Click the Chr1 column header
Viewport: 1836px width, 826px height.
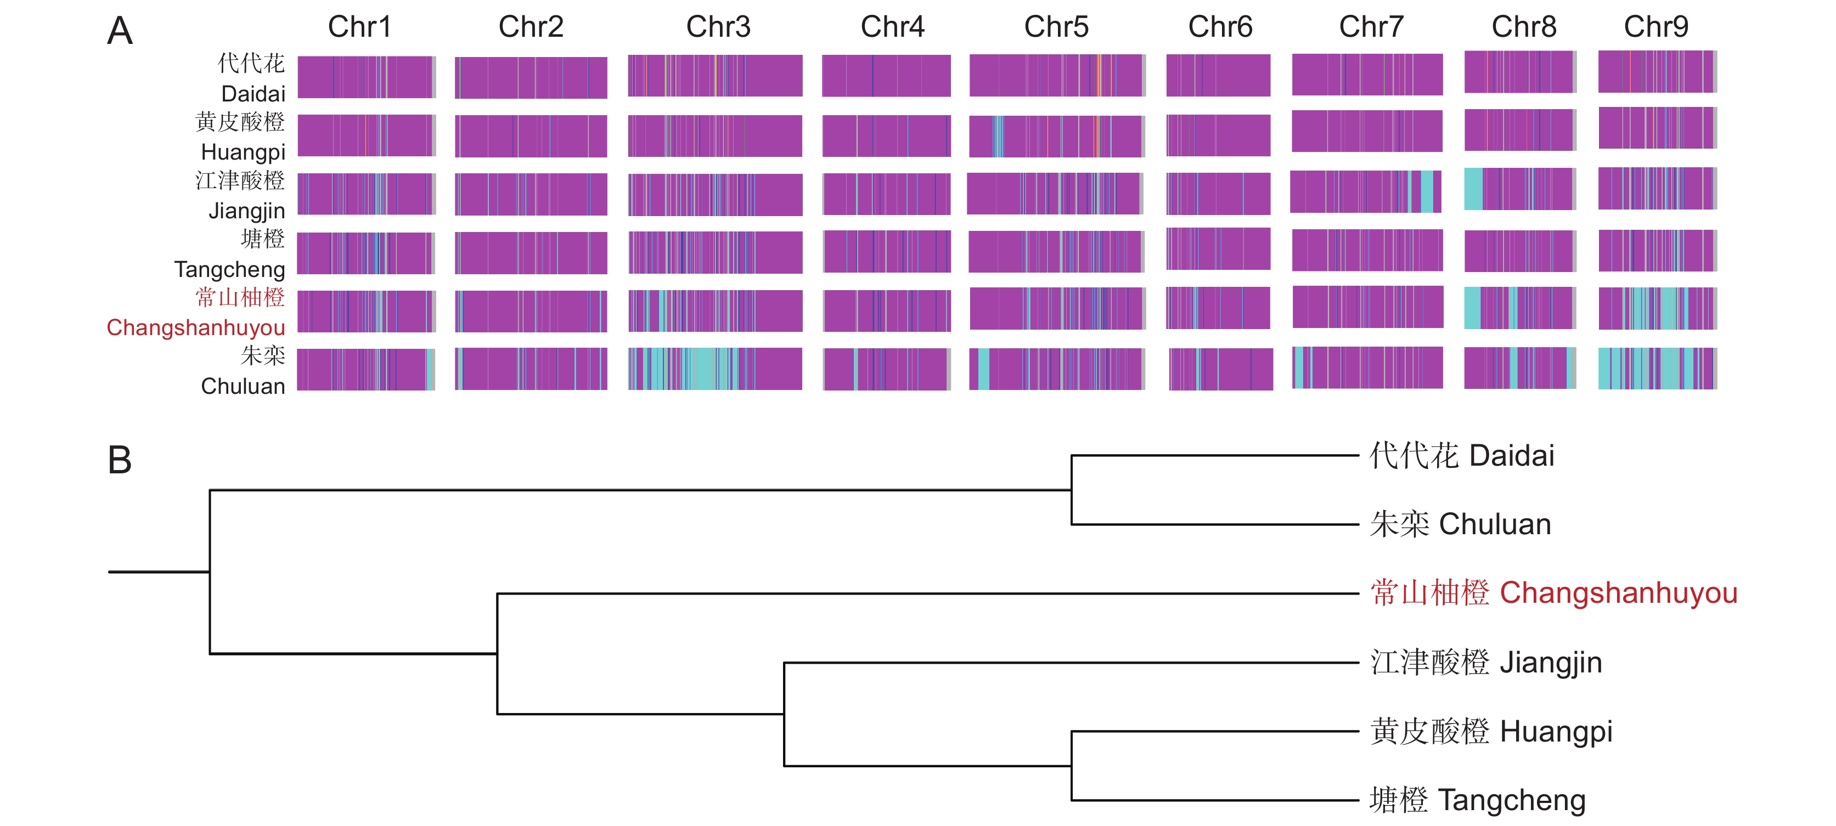point(359,27)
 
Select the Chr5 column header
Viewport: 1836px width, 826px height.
point(1056,27)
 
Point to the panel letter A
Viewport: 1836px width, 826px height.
point(120,31)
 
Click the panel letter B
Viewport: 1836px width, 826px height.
point(120,460)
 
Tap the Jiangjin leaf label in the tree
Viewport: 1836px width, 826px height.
point(1486,662)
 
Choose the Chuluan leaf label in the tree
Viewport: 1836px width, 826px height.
point(1460,524)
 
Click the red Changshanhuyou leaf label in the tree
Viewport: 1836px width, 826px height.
point(1554,593)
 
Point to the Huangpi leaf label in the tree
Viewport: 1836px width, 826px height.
point(1491,731)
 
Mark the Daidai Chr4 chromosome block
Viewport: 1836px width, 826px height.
point(886,76)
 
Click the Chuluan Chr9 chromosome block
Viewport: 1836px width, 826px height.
point(1658,369)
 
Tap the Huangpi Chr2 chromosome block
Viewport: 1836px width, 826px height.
point(531,136)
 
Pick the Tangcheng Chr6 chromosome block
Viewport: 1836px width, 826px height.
point(1218,248)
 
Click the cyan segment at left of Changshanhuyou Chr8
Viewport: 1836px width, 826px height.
point(1473,308)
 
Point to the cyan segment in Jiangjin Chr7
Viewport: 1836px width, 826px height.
point(1427,192)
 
